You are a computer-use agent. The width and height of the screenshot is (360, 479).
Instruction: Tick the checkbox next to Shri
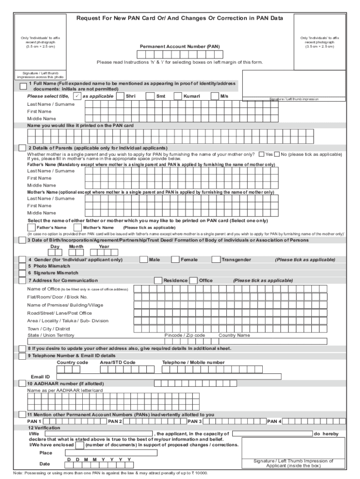[121, 96]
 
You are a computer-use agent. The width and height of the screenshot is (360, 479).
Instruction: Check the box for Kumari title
[178, 96]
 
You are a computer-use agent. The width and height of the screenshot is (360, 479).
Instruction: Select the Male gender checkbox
[144, 260]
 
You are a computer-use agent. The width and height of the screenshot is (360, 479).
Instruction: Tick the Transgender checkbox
[216, 260]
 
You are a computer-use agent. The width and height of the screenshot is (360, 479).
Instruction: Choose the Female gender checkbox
[175, 260]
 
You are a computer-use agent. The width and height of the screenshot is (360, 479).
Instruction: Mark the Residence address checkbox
[158, 281]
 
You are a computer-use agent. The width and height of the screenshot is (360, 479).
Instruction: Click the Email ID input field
[168, 377]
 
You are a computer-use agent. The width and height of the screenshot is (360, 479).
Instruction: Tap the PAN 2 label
[115, 421]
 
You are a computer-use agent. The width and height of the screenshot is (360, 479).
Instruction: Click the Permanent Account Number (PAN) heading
[180, 47]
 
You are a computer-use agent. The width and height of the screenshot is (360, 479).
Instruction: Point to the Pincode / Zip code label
[185, 335]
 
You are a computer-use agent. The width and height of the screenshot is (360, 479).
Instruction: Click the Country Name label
[234, 335]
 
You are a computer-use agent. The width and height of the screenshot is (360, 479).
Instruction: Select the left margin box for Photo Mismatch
[22, 266]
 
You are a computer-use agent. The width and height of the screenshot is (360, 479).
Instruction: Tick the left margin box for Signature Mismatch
[22, 273]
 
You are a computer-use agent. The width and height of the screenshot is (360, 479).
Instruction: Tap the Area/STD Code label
[117, 363]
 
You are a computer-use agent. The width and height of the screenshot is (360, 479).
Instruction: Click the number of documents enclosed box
[80, 445]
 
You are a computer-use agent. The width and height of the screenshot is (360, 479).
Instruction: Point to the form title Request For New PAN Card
[180, 18]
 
